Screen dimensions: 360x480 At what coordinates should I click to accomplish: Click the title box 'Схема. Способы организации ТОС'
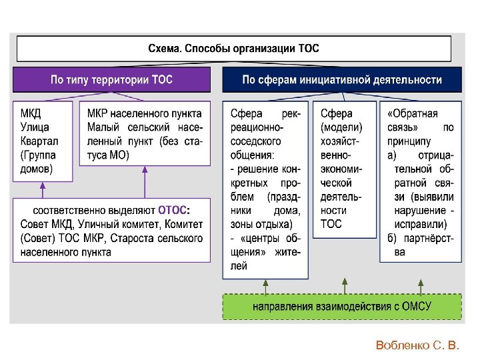coord(233,49)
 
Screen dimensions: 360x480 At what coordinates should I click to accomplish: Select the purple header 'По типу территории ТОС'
coord(112,80)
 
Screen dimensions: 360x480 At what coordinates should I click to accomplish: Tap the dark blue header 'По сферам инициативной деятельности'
coord(341,80)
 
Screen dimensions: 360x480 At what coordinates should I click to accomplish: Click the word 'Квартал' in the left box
coord(39,141)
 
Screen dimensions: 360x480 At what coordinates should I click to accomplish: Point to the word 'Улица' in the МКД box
coord(35,127)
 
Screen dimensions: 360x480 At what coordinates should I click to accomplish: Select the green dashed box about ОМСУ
coord(341,307)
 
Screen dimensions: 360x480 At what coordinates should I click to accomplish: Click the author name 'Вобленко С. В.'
coord(417,345)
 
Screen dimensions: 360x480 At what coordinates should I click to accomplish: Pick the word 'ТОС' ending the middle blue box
coord(331,224)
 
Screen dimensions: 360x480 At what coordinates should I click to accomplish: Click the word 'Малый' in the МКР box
coord(103,127)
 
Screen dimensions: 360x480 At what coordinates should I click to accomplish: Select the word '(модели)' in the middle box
coord(341,127)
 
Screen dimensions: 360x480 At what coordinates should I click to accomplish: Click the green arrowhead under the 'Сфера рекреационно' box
coord(265,283)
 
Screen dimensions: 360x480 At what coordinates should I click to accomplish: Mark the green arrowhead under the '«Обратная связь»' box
coord(421,283)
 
